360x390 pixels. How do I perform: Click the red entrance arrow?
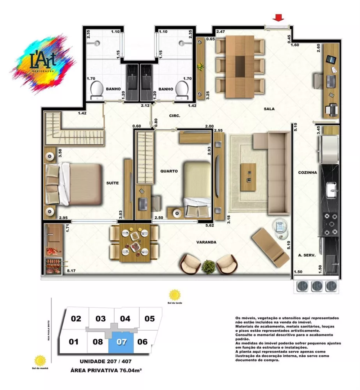click(278, 18)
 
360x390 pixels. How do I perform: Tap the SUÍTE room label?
click(112, 183)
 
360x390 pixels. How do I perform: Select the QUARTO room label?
click(168, 171)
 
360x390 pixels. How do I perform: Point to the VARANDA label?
click(206, 242)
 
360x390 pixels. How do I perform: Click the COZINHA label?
click(307, 172)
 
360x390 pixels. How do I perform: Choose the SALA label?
click(269, 109)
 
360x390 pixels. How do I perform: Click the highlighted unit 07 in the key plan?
click(122, 342)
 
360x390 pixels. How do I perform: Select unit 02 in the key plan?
click(76, 319)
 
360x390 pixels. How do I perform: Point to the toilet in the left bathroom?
click(96, 90)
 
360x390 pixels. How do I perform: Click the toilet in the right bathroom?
click(181, 90)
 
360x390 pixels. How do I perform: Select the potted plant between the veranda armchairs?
click(209, 267)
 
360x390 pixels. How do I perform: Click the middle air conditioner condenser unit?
click(316, 285)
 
